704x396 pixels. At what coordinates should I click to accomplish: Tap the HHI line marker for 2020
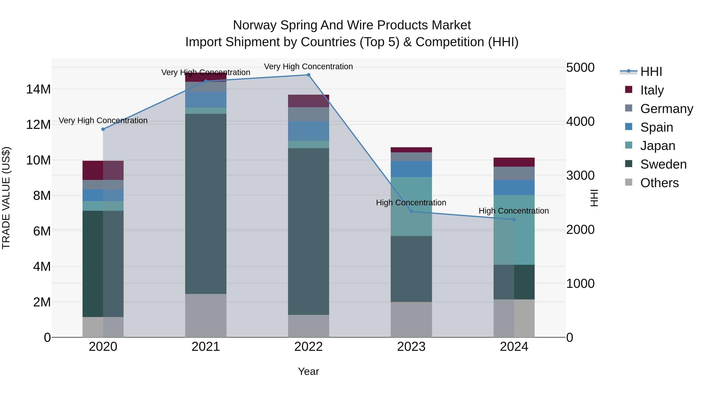[103, 129]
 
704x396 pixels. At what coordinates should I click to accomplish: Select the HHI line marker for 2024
[514, 219]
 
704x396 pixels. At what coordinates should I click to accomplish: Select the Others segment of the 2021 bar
[206, 315]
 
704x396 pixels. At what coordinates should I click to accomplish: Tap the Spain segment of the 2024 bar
[514, 188]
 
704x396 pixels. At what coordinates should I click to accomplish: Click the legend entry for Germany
[666, 109]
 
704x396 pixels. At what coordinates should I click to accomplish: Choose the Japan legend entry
[657, 146]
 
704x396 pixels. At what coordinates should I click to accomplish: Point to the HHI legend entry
[651, 72]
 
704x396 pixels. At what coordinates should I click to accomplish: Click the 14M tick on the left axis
[38, 89]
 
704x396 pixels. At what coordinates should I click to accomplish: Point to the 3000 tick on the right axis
[580, 175]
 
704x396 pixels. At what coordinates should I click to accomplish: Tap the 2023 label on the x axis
[411, 347]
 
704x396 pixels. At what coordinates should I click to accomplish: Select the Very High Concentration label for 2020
[103, 120]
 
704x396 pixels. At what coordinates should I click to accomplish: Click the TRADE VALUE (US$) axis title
[6, 198]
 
